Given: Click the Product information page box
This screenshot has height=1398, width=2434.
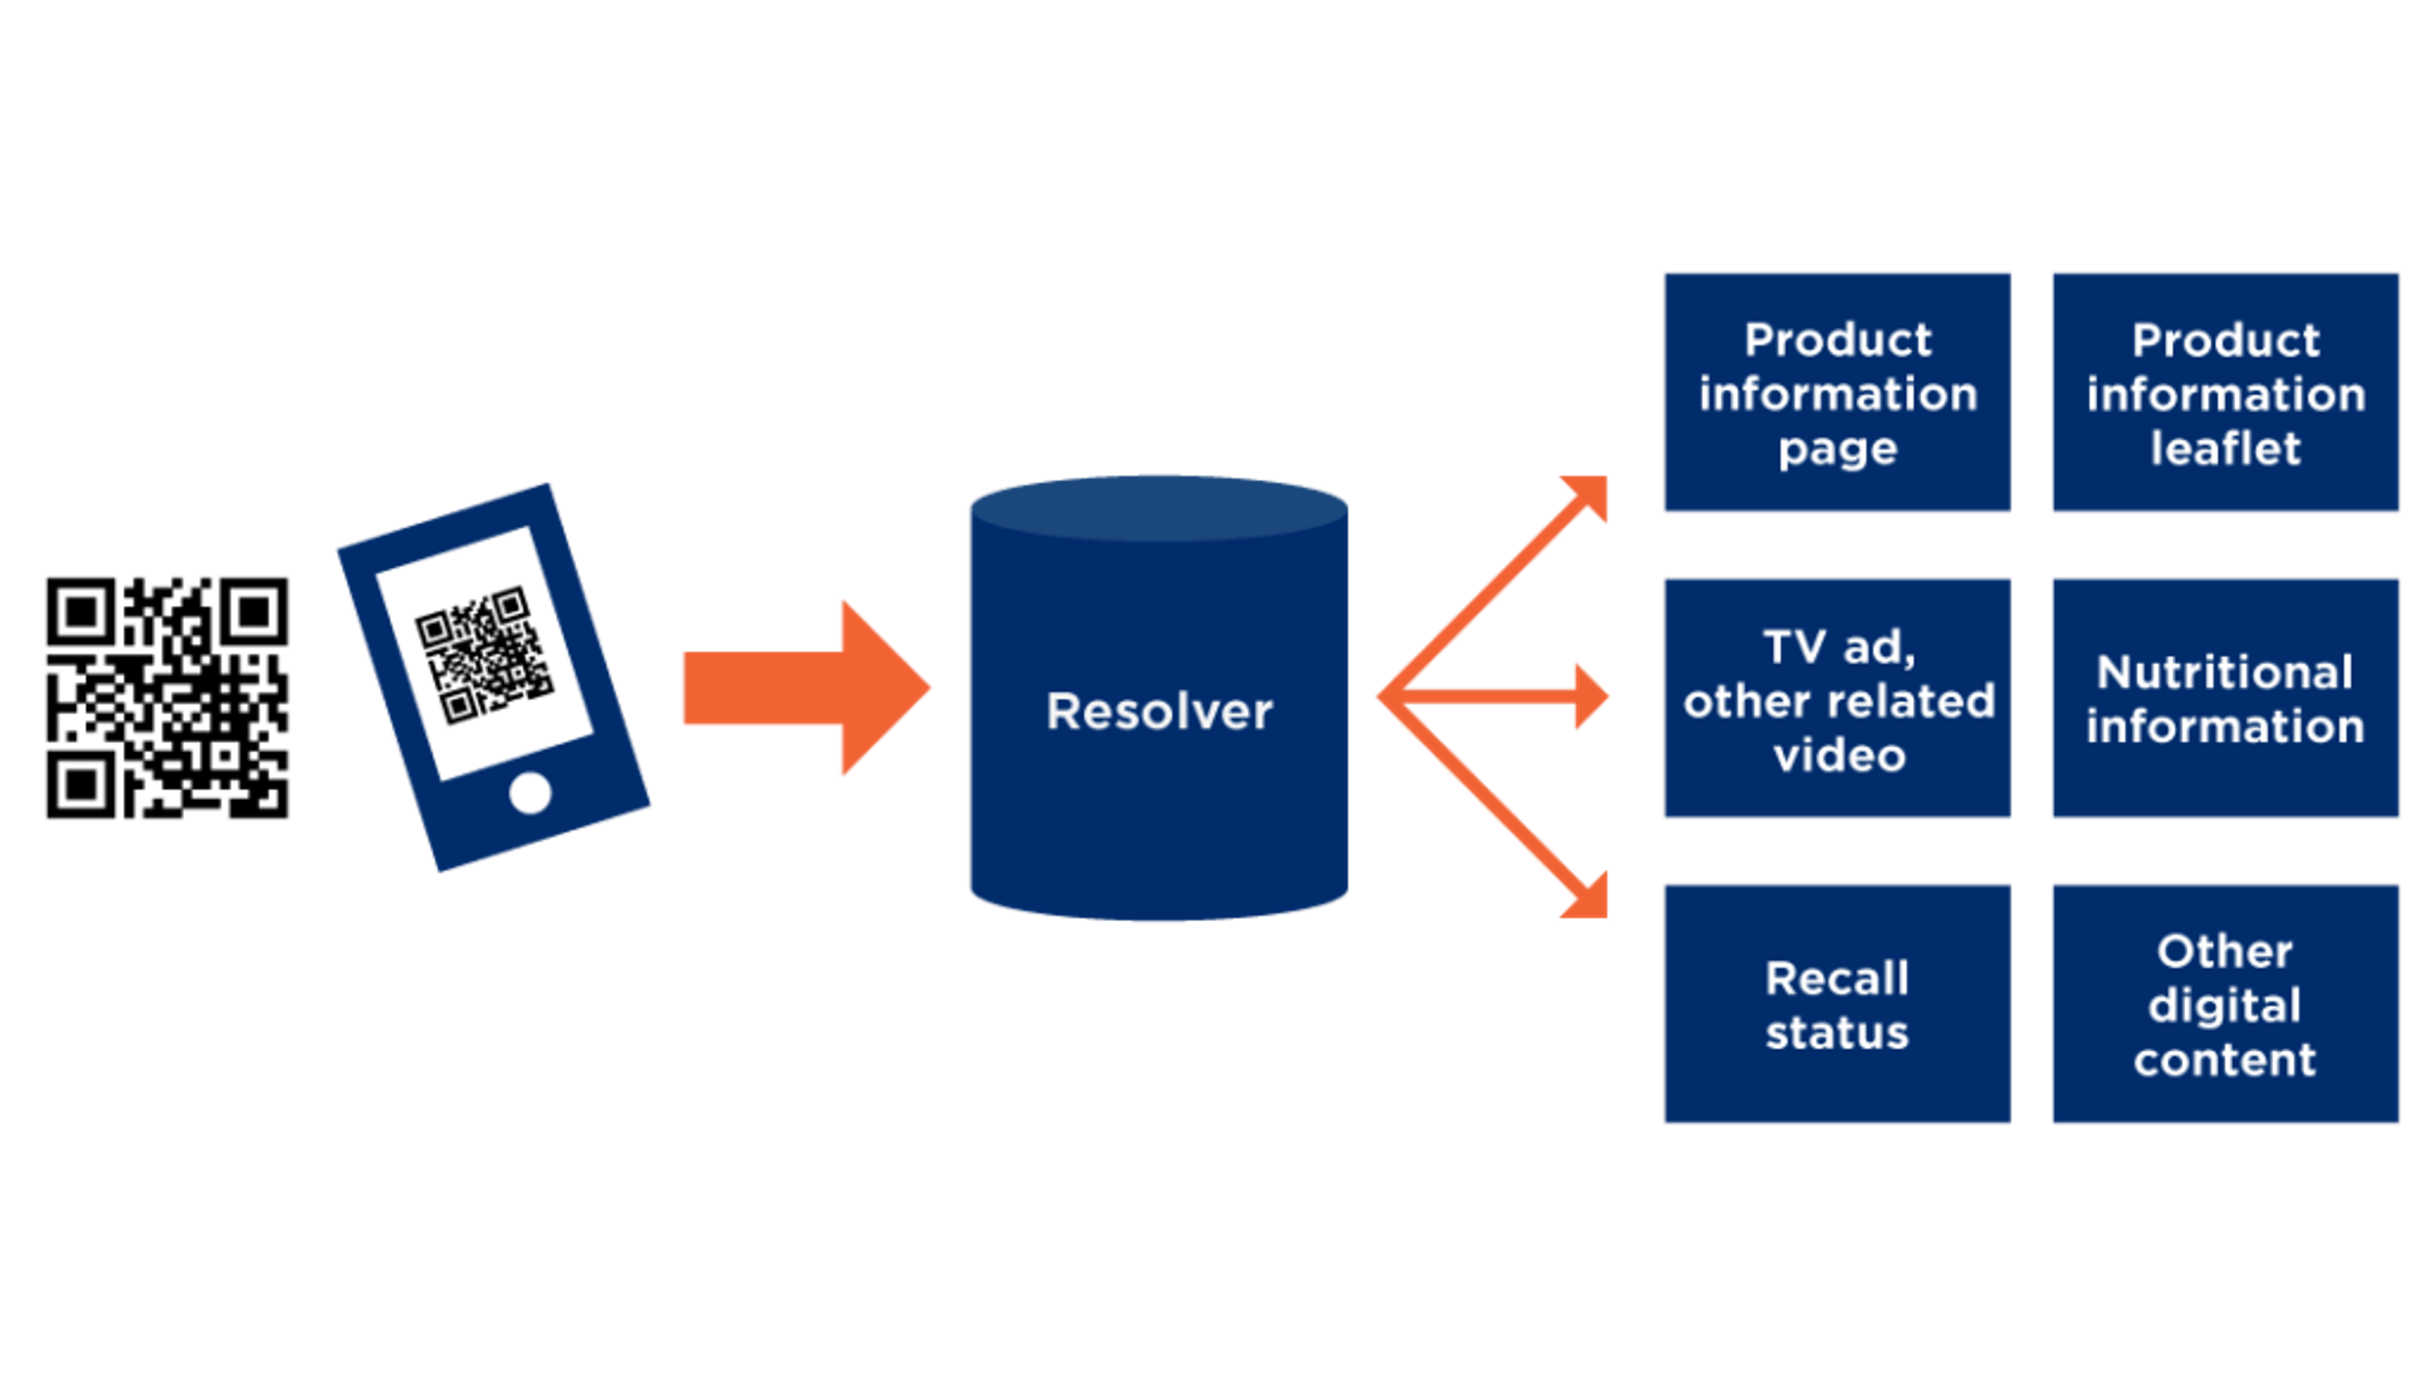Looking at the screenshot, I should tap(1836, 392).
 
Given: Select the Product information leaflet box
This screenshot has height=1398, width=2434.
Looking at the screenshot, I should tap(2225, 392).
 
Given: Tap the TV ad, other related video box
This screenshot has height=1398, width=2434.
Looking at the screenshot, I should tap(1836, 698).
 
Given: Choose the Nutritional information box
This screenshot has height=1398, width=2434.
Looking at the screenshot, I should tap(2225, 698).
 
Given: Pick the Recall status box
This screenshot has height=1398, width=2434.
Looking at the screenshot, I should tap(1836, 1004).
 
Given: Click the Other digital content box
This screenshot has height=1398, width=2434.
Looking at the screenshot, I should tap(2225, 1004).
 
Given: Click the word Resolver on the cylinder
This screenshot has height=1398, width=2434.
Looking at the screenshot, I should tap(1159, 711).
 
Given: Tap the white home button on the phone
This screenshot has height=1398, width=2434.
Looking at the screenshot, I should tap(530, 793).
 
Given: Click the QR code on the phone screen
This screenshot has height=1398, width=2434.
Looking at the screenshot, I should tap(485, 655).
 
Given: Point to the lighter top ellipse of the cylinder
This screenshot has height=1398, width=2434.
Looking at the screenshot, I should tap(1159, 507).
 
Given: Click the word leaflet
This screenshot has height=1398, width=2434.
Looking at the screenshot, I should tap(2225, 448).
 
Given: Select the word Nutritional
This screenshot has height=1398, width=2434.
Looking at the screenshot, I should tap(2225, 671).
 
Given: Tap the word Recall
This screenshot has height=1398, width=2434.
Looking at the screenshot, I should tap(1836, 978).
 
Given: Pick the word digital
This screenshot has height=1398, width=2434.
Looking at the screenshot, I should tap(2225, 1006).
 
